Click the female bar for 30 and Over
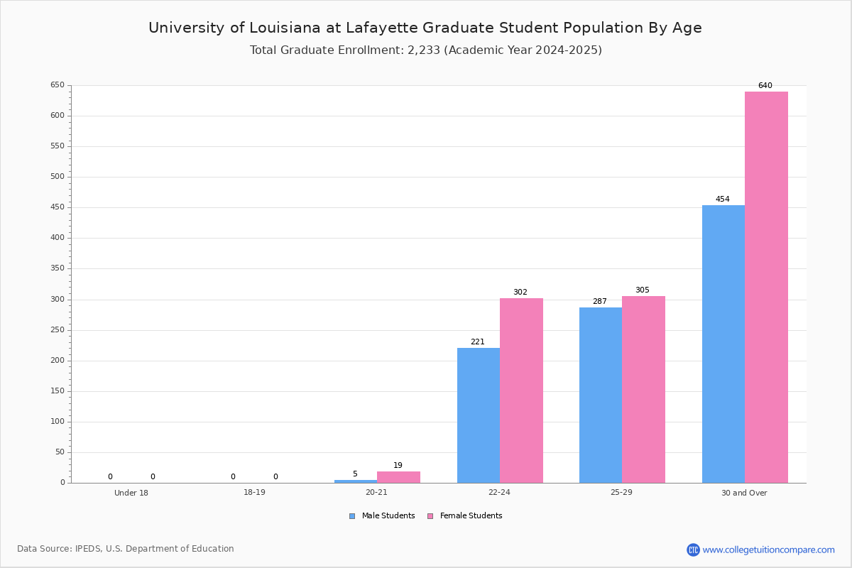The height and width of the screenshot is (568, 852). tap(766, 287)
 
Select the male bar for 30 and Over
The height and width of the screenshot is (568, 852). tap(723, 344)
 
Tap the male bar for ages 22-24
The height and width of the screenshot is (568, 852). tap(478, 415)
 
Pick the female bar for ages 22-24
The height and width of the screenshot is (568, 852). tap(521, 390)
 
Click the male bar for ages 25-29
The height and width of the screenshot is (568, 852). tap(600, 395)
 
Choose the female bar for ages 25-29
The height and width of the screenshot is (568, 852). tap(643, 389)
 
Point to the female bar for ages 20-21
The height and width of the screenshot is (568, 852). tap(398, 477)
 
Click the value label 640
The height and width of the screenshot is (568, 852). tap(765, 85)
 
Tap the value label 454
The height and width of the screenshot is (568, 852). tap(722, 200)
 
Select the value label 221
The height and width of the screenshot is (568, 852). tap(477, 342)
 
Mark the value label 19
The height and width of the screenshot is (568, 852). tap(398, 466)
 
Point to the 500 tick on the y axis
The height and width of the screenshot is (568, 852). tap(57, 177)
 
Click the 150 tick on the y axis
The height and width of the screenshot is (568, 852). tap(57, 391)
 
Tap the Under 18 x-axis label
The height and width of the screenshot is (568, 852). tap(131, 493)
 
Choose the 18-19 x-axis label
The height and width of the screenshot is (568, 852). tap(254, 493)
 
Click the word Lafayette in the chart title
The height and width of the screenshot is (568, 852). tap(382, 28)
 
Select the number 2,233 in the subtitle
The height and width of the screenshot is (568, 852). tap(424, 50)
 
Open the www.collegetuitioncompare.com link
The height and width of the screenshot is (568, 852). tap(768, 550)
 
